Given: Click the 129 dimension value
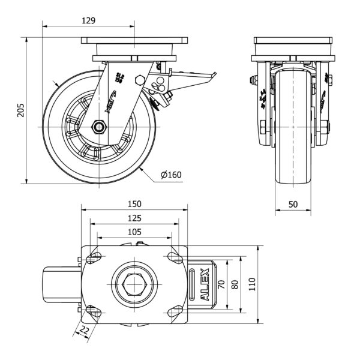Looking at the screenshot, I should [x=88, y=20].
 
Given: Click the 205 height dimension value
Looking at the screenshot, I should [x=20, y=110].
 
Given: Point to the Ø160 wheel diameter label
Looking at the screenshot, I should [x=171, y=175].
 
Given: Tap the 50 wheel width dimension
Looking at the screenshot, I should [x=293, y=204].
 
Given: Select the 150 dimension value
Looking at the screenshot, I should [x=134, y=203].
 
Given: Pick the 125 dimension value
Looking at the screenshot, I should [x=134, y=218].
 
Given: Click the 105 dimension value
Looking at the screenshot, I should [x=134, y=232].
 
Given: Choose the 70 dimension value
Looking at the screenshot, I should [x=221, y=284].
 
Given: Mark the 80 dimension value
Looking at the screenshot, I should [x=235, y=284].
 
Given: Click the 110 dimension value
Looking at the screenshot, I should [x=252, y=284].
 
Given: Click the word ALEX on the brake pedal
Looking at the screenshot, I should [x=205, y=284].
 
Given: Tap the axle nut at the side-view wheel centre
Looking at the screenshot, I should [x=99, y=127].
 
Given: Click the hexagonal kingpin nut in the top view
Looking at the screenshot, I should [x=134, y=283].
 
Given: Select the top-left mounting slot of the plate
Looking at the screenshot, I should [x=94, y=258].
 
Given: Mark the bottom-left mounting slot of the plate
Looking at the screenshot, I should [x=94, y=310].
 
